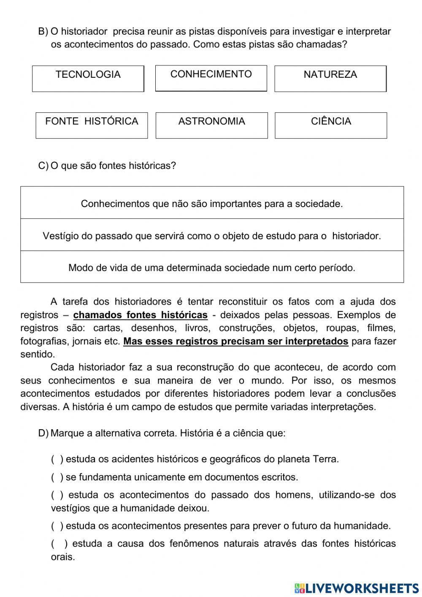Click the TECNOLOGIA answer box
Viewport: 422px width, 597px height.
click(88, 79)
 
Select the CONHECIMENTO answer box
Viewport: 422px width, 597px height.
click(211, 78)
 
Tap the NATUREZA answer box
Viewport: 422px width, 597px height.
click(330, 79)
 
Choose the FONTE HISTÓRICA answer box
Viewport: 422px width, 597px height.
click(92, 125)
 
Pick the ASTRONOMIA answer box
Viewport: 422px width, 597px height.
click(211, 125)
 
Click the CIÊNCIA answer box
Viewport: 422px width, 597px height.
click(331, 125)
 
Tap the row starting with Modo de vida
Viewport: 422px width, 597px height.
click(212, 267)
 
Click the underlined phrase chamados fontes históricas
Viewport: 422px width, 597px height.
click(140, 315)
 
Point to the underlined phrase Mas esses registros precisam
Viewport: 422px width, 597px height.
click(235, 341)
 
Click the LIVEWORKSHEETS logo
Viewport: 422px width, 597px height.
click(356, 588)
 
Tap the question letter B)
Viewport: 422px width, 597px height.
click(43, 32)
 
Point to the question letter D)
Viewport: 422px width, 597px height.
click(43, 433)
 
